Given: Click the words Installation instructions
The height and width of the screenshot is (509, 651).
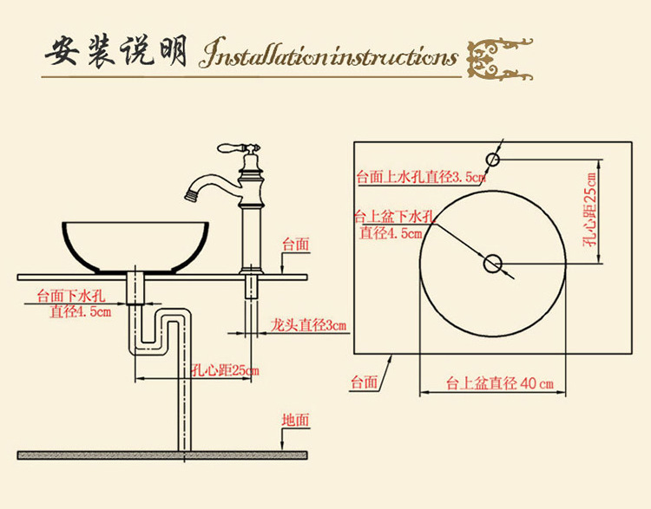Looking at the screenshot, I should coord(328,56).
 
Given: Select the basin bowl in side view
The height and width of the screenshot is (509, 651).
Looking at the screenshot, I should coord(135,246).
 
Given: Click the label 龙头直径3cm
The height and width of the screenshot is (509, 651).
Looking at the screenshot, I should coord(308,325).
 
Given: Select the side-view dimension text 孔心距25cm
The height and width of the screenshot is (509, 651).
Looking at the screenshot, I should coord(225,371).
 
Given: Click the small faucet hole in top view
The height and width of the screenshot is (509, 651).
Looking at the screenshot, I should coord(492,159).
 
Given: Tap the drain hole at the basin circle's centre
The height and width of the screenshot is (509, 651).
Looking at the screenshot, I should coord(493,262).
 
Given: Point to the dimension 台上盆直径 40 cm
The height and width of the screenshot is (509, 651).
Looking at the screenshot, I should coord(500,383).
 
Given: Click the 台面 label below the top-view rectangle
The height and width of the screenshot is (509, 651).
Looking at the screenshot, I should coord(365,382).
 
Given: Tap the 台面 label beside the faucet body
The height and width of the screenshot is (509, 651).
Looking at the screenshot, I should coord(295,245).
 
